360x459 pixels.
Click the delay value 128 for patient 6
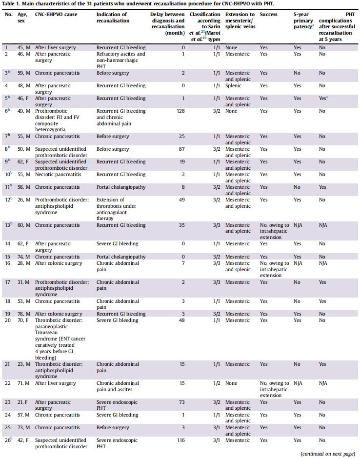(180, 111)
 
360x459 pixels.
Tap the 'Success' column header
(268, 15)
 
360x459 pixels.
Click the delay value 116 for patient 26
(180, 440)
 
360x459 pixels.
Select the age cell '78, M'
(24, 314)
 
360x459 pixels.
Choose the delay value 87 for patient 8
(182, 149)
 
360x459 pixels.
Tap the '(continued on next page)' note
(328, 454)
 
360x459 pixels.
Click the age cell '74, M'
(24, 257)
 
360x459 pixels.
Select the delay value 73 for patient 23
(182, 402)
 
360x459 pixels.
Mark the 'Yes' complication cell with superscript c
(323, 99)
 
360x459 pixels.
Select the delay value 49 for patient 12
(182, 200)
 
